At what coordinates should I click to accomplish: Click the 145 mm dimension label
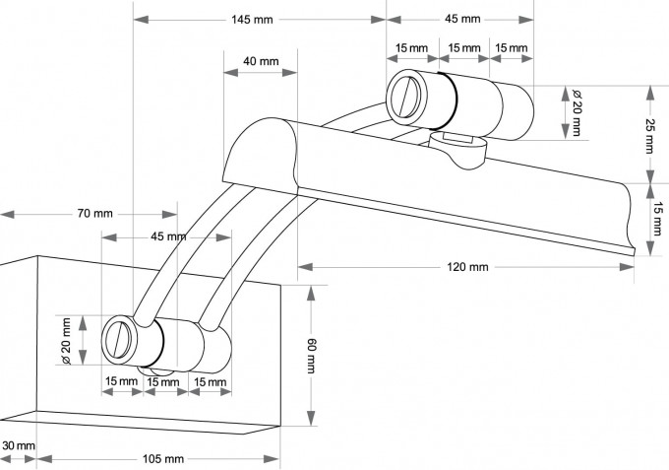(254, 19)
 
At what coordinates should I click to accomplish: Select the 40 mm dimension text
(261, 61)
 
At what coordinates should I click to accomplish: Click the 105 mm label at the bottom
(162, 459)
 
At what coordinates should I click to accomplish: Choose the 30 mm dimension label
(18, 446)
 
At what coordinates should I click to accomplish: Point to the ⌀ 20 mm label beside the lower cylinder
(66, 340)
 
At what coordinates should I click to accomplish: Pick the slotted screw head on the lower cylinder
(121, 339)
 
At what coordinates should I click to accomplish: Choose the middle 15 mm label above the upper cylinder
(463, 48)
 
